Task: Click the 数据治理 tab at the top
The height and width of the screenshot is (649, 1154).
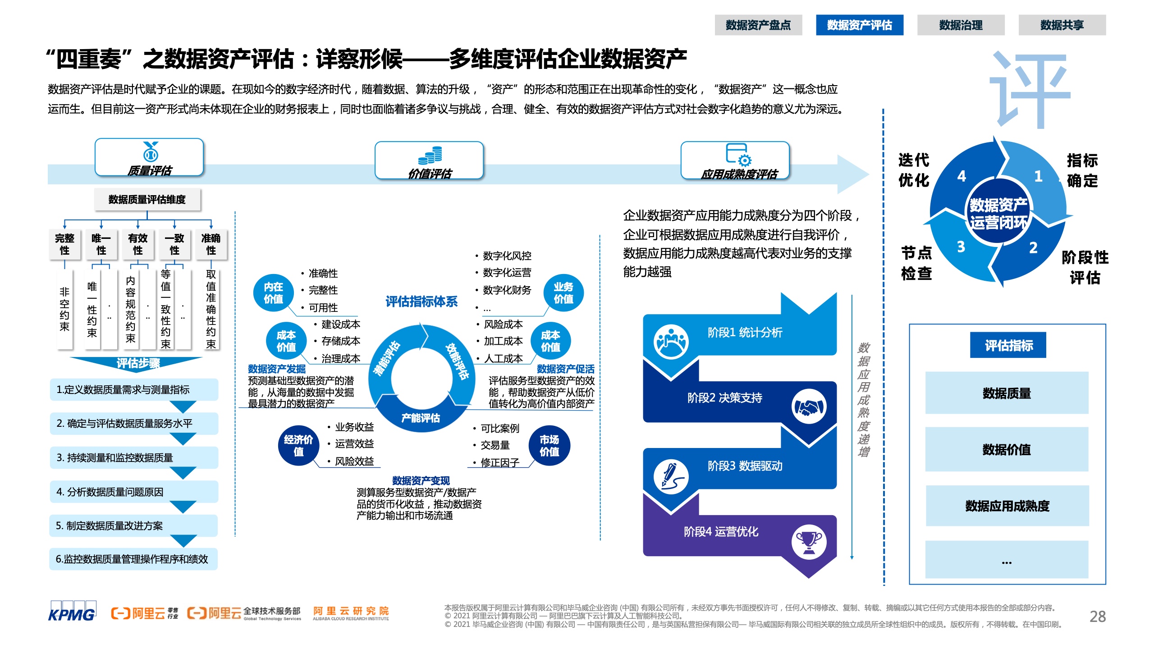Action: [x=961, y=25]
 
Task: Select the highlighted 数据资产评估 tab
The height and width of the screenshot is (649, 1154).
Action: [x=859, y=25]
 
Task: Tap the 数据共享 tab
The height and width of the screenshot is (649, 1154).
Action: [x=1062, y=25]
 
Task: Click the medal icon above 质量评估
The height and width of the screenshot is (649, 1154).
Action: [x=151, y=151]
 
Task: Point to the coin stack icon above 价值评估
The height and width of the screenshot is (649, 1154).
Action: [x=430, y=155]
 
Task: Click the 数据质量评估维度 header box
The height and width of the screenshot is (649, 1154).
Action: [x=147, y=199]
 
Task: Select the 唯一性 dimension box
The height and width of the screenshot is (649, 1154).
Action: [x=101, y=244]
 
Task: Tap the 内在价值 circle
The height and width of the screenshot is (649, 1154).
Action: [x=273, y=293]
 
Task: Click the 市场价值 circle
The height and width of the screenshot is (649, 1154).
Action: [x=550, y=445]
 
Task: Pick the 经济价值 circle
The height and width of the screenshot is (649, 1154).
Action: [x=298, y=445]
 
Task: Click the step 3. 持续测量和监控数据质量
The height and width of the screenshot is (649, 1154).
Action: [x=134, y=457]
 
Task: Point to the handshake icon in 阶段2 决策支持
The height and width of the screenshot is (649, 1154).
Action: [x=809, y=407]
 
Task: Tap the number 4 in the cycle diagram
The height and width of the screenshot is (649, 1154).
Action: [x=962, y=176]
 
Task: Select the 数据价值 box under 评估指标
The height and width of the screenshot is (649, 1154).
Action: [x=1007, y=449]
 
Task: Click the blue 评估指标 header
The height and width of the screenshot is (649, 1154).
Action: [x=1008, y=345]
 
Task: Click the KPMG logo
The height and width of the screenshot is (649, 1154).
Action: [x=72, y=611]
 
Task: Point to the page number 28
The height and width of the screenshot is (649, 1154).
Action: [x=1098, y=617]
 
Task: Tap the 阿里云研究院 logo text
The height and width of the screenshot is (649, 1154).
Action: [x=351, y=613]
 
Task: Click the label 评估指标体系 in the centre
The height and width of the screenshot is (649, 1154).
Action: [x=421, y=302]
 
